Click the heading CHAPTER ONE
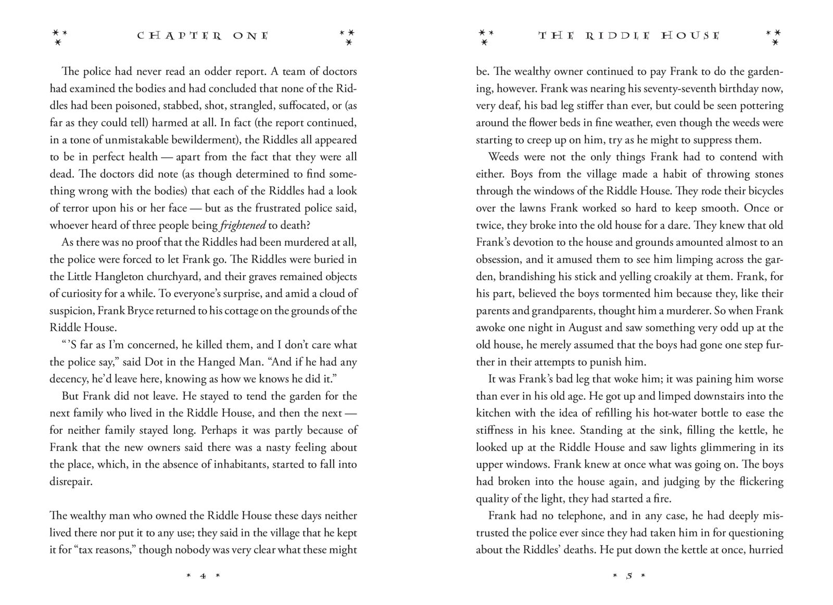pos(203,36)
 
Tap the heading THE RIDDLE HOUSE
pos(629,36)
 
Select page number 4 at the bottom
pos(203,576)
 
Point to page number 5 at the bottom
pos(629,576)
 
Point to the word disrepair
pos(71,482)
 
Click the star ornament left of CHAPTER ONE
pos(60,36)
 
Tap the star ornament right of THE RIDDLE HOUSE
pos(774,36)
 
